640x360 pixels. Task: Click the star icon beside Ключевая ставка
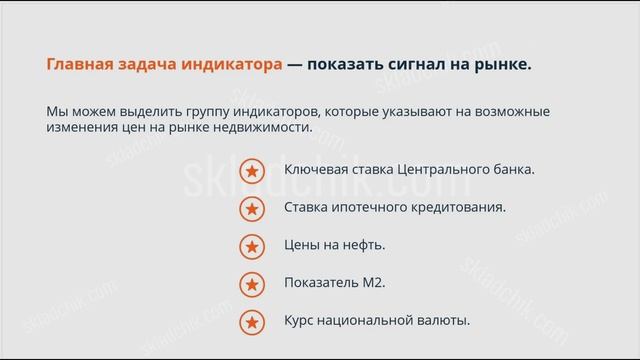(x=252, y=170)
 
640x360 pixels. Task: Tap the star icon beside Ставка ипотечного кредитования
(x=252, y=208)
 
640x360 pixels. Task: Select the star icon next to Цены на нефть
(x=252, y=246)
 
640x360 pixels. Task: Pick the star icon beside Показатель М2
(x=252, y=284)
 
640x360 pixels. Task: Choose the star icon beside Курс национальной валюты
(x=252, y=322)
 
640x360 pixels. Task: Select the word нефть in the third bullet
(x=364, y=245)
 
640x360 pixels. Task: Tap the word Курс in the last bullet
(x=301, y=321)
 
